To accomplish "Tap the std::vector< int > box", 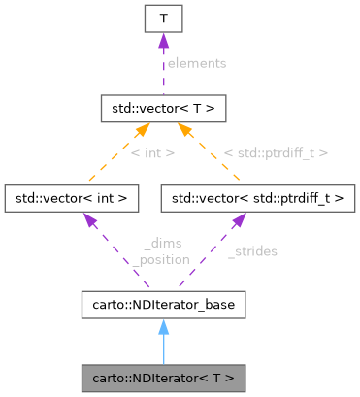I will (72, 199).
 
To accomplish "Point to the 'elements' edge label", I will (196, 63).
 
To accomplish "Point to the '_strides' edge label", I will (252, 251).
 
